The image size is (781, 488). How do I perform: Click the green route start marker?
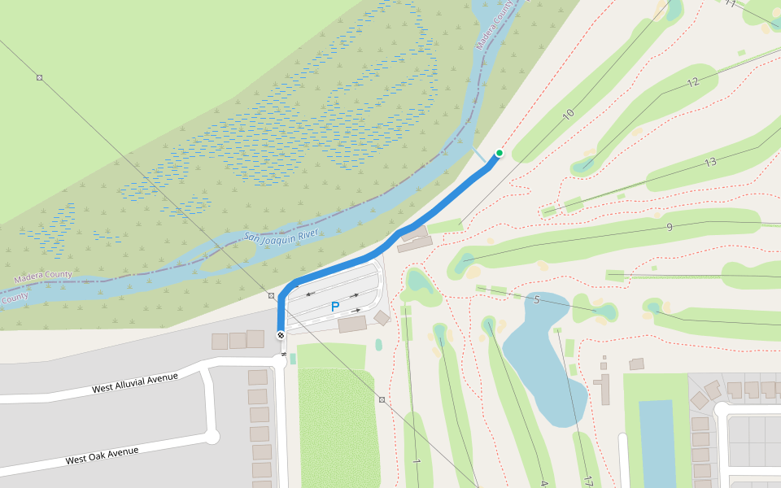tap(500, 153)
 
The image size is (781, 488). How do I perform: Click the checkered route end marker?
tap(281, 334)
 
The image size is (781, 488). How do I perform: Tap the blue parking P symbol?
tap(334, 307)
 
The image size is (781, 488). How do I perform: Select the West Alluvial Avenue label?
tap(134, 383)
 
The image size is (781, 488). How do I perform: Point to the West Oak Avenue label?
tap(102, 455)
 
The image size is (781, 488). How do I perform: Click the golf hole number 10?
tap(568, 114)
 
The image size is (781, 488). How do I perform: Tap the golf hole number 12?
tap(692, 82)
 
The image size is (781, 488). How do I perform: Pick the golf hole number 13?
tap(710, 162)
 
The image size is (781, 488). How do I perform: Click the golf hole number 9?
tap(670, 226)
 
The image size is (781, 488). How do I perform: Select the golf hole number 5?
tap(537, 299)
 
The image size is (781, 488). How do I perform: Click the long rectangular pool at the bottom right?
tap(657, 443)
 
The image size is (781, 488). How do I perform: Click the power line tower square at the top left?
tap(39, 77)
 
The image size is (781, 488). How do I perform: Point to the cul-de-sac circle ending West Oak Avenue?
tap(212, 437)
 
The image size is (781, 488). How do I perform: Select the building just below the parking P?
tap(352, 324)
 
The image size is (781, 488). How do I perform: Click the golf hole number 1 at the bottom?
tap(416, 461)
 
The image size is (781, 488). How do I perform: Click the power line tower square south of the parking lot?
tap(382, 399)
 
